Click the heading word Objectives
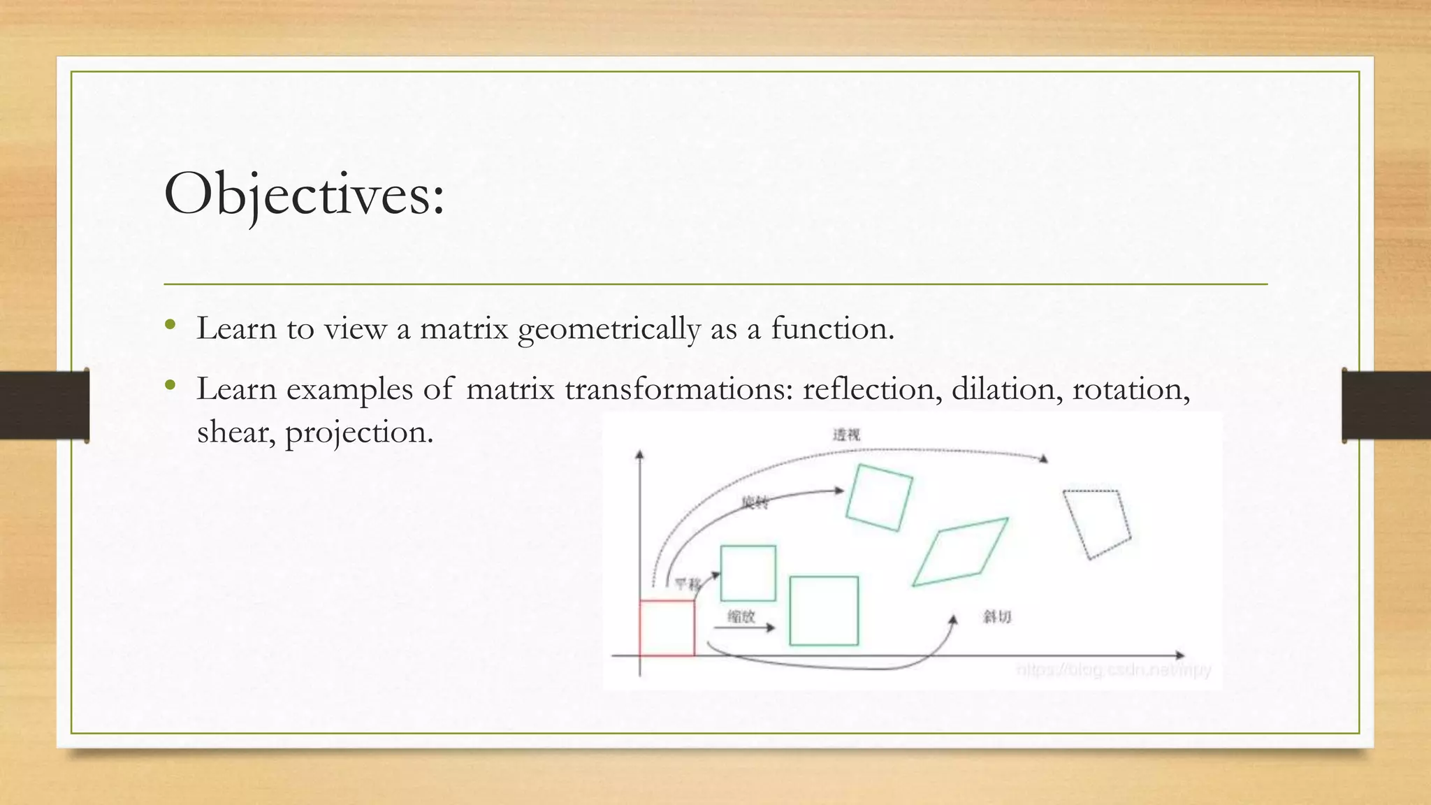(x=303, y=194)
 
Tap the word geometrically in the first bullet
(x=609, y=329)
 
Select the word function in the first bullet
(x=831, y=328)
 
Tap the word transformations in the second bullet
(x=678, y=389)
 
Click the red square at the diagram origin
(x=667, y=628)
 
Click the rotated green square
(x=879, y=498)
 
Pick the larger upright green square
(x=824, y=611)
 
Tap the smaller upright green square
(x=748, y=573)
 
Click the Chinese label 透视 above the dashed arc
(x=846, y=435)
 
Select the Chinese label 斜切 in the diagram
(x=997, y=616)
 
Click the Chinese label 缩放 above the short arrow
(x=741, y=616)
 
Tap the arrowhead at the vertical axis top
(x=639, y=455)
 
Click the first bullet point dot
(x=170, y=325)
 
